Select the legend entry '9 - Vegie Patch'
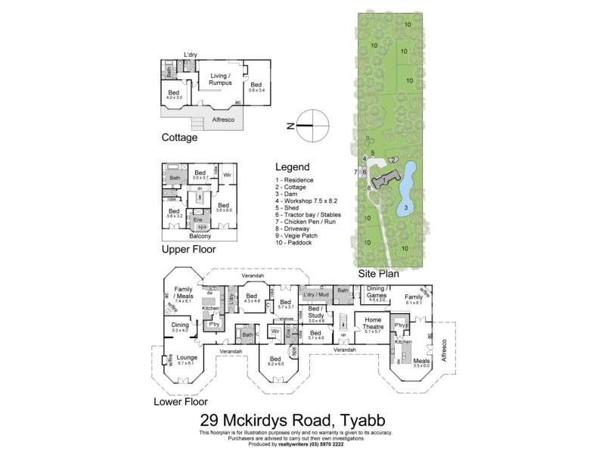pyautogui.click(x=299, y=236)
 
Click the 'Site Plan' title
pyautogui.click(x=380, y=274)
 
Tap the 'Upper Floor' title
pyautogui.click(x=189, y=248)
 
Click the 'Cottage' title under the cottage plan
pyautogui.click(x=180, y=138)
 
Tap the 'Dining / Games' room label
pyautogui.click(x=377, y=291)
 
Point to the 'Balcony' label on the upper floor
pyautogui.click(x=198, y=236)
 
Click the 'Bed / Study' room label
pyautogui.click(x=316, y=312)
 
